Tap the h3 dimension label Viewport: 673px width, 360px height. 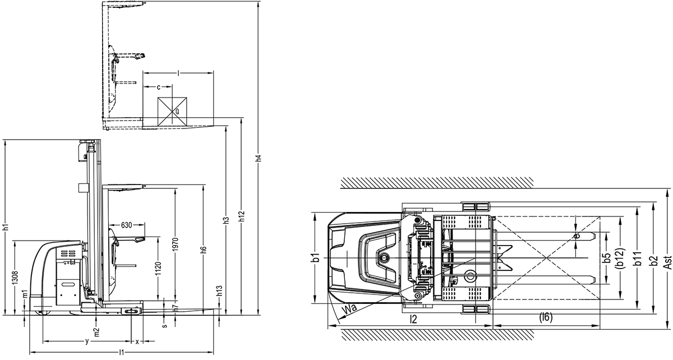tap(227, 220)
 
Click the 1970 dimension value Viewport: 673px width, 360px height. tap(175, 244)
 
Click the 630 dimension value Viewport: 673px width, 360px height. tap(126, 225)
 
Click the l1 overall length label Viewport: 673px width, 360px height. tap(122, 352)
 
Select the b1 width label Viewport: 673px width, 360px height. tap(316, 257)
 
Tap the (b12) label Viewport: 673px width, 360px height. tap(620, 258)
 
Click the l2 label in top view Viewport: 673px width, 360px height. tap(413, 319)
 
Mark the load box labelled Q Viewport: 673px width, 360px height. tap(173, 110)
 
